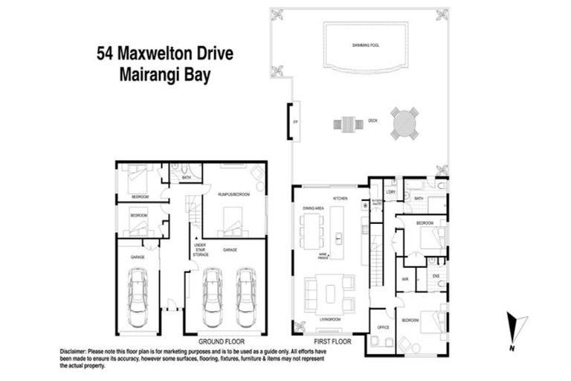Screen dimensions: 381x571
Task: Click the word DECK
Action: point(371,121)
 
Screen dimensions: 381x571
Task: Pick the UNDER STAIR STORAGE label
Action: point(200,250)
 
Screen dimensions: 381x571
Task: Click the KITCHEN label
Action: point(341,198)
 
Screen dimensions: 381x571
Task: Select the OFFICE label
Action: point(384,327)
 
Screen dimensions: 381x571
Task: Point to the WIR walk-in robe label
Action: point(405,279)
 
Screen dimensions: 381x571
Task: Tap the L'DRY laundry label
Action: point(391,193)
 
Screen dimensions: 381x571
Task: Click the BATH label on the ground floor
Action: point(187,178)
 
